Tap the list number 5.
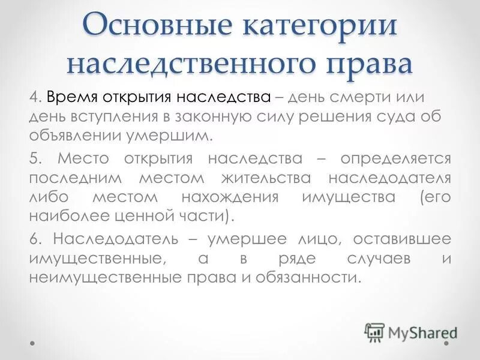click(35, 159)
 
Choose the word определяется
click(395, 159)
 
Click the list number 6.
click(35, 239)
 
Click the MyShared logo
click(411, 332)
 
